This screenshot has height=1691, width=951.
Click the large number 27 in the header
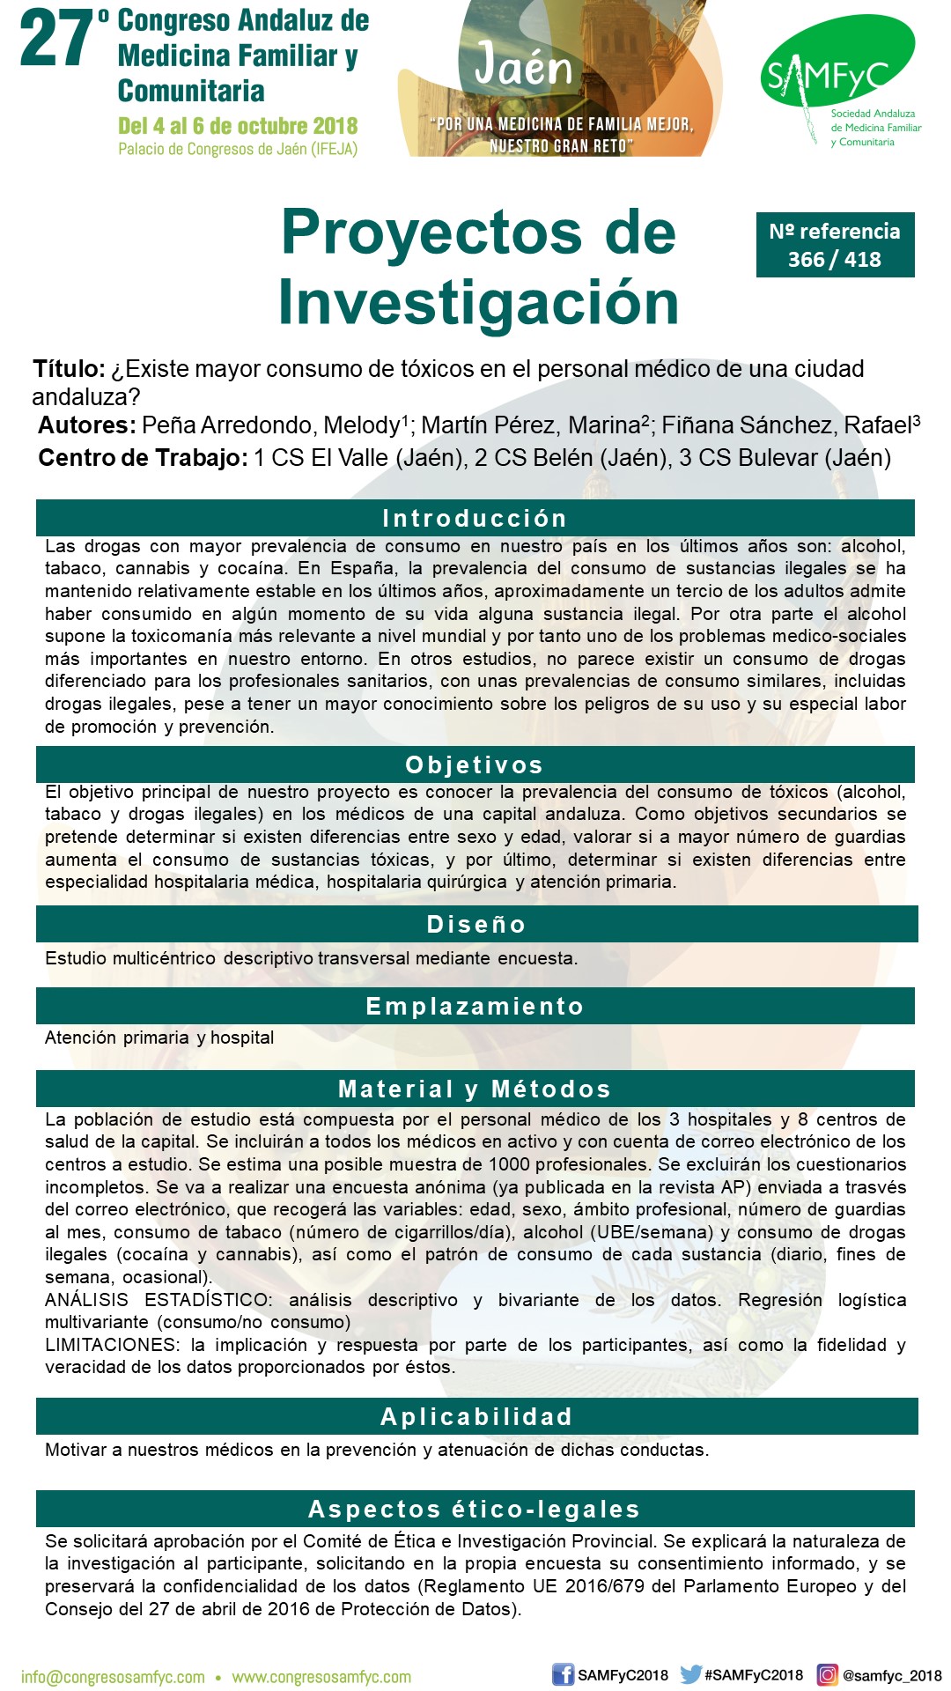pos(56,41)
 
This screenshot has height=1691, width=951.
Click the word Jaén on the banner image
pos(524,67)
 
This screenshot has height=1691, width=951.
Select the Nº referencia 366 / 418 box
pos(835,245)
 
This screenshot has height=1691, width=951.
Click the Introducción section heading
pos(475,518)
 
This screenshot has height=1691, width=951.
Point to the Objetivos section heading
pos(475,764)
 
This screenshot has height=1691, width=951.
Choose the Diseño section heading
pos(476,924)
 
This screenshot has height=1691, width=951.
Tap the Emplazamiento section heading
pos(475,1006)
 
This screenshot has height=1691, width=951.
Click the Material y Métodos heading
pos(475,1089)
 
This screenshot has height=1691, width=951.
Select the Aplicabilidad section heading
pos(476,1416)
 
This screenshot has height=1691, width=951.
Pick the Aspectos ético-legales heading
pos(475,1509)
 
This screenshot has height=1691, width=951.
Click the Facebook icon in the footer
pos(563,1674)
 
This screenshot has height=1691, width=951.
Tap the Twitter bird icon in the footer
pos(691,1674)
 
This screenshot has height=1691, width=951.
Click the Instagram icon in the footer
pos(828,1674)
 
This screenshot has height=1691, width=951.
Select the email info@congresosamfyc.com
pos(113,1677)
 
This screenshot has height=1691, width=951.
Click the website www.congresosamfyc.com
pos(321,1677)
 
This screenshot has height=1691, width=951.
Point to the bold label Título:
pos(69,369)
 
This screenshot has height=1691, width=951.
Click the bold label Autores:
pos(86,425)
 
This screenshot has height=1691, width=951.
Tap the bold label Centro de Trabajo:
pos(143,458)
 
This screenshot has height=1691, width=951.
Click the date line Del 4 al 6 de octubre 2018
pos(238,126)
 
